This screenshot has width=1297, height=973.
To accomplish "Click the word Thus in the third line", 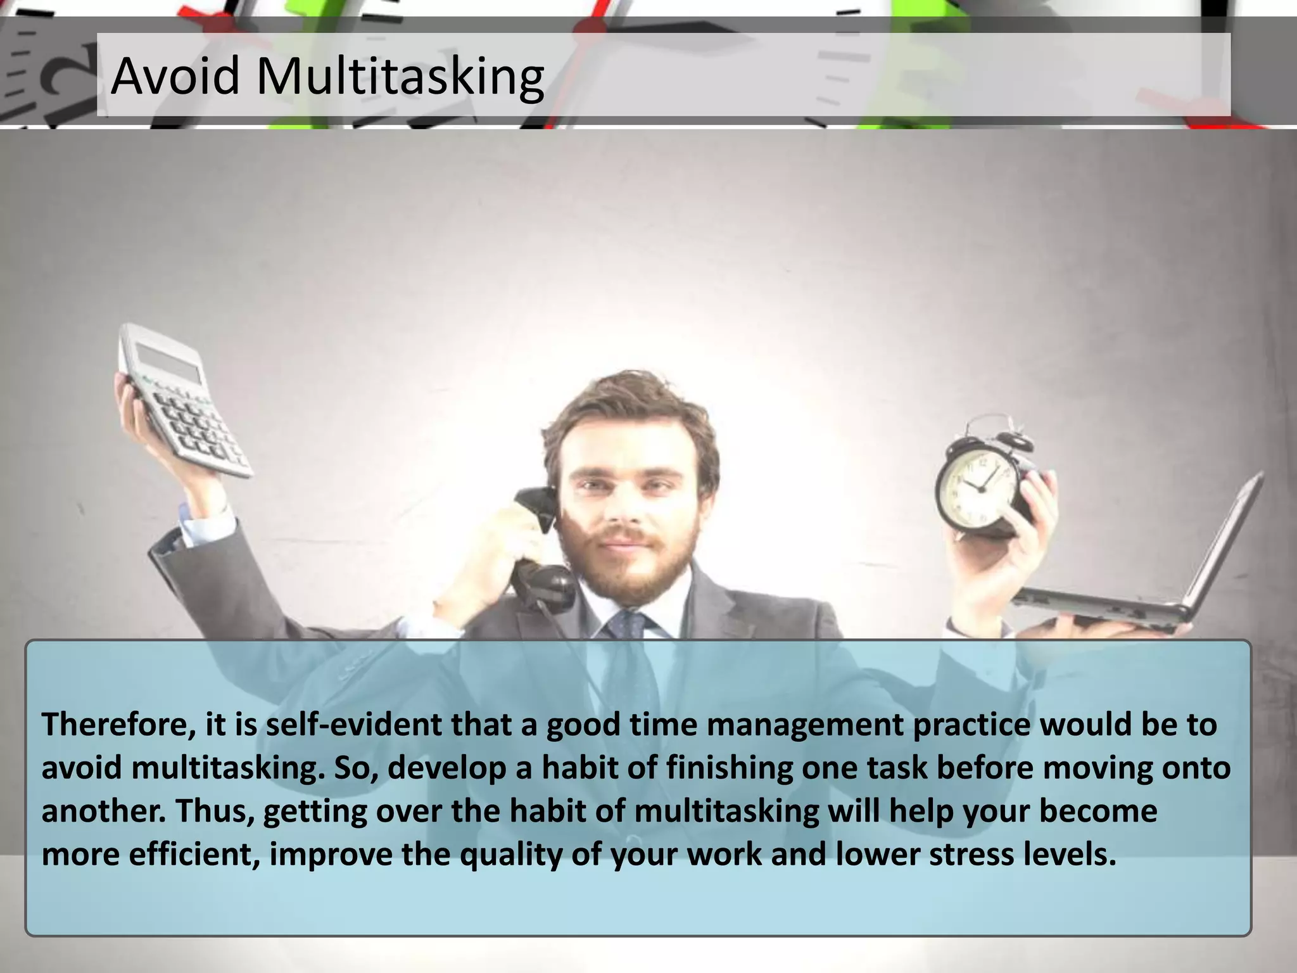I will [x=212, y=811].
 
